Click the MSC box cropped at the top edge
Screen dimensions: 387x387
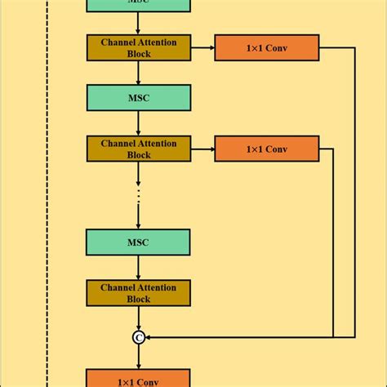coord(138,4)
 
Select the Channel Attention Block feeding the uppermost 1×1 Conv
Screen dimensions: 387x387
coord(138,47)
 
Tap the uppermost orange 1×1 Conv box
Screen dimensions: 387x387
coord(266,47)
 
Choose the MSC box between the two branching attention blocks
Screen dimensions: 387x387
coord(138,97)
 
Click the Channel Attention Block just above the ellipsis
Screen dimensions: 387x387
coord(138,149)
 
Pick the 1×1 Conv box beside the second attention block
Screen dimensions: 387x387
coord(266,149)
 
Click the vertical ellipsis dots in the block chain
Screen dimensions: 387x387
coord(139,196)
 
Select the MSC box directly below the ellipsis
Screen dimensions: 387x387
coord(138,242)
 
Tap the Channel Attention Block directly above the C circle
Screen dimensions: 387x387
coord(138,293)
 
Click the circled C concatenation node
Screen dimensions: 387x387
coord(139,336)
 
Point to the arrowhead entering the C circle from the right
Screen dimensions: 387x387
coord(150,336)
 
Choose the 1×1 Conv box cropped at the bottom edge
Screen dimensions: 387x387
coord(138,379)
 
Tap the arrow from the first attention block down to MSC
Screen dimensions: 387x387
coord(138,72)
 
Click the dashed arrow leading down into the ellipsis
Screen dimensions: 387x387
coord(139,173)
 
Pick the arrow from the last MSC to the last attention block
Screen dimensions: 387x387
coord(138,267)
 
